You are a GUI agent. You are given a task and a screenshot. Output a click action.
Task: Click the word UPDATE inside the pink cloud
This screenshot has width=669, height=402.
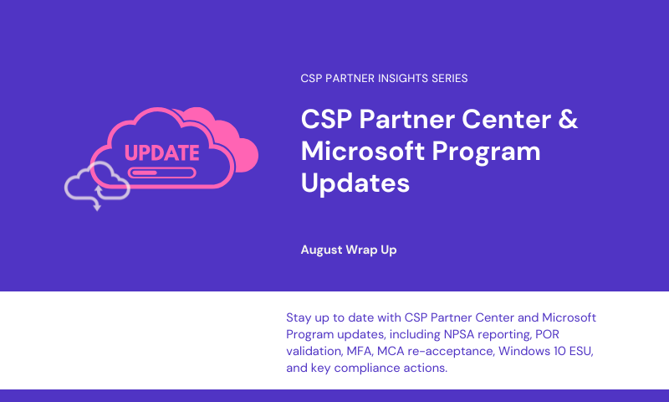[161, 153]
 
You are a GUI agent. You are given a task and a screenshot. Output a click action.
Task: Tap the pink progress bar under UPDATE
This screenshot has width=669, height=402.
[161, 173]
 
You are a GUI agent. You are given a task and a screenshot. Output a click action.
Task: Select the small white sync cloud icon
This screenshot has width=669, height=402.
[97, 184]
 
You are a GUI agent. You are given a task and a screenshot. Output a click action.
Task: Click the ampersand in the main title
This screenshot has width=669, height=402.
[568, 119]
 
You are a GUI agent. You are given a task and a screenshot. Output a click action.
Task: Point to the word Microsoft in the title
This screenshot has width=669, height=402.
[363, 151]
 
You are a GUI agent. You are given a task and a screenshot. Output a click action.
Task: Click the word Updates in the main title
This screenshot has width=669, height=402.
[355, 183]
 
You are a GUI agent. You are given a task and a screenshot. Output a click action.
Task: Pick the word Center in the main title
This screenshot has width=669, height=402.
[507, 119]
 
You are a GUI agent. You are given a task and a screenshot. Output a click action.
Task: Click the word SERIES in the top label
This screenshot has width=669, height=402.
[450, 78]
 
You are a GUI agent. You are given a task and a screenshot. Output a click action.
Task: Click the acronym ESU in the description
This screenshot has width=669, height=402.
[581, 351]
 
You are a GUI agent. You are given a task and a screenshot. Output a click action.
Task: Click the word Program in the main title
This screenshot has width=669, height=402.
[486, 152]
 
